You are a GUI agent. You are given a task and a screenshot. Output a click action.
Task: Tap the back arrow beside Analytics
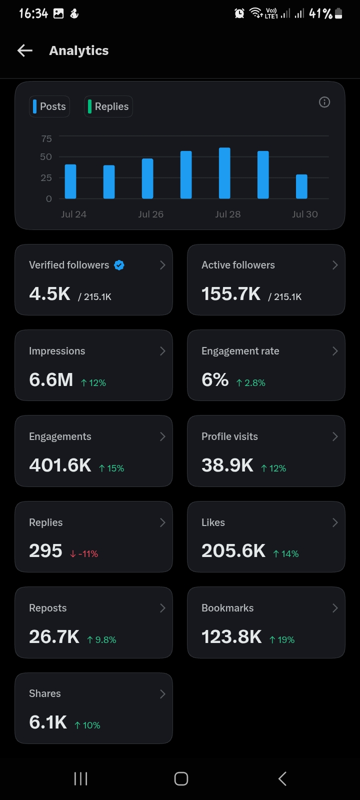click(x=25, y=50)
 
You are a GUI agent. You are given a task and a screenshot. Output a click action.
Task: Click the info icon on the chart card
click(x=324, y=102)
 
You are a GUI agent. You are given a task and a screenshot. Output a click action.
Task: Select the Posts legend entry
click(x=49, y=106)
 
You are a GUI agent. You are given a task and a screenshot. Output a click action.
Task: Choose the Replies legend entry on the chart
click(x=108, y=106)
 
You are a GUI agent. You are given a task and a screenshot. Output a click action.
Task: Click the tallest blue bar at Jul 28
click(x=224, y=173)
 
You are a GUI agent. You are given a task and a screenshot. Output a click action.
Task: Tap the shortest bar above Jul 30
click(x=302, y=186)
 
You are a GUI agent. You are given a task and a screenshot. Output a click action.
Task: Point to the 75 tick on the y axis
click(x=46, y=138)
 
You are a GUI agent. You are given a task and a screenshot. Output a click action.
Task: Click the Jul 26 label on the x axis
click(x=150, y=214)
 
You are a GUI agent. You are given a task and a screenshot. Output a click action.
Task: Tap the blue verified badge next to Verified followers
click(x=119, y=265)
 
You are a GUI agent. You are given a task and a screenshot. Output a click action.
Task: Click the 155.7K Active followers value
click(x=231, y=294)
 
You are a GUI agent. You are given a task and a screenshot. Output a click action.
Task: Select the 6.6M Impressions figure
click(x=51, y=379)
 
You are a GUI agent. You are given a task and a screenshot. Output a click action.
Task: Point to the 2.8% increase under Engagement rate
click(x=250, y=383)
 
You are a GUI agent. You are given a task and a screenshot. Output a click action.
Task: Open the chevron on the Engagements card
click(x=162, y=436)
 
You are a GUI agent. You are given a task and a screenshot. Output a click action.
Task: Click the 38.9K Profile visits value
click(x=227, y=465)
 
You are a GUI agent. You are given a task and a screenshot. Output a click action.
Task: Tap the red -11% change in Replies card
click(x=84, y=554)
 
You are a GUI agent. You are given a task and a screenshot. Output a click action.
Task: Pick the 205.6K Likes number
click(x=233, y=550)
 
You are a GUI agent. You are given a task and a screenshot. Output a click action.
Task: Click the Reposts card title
click(x=48, y=608)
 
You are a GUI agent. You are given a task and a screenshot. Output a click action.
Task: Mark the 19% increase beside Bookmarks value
click(x=282, y=639)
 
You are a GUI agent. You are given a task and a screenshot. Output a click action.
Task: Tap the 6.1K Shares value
click(x=48, y=722)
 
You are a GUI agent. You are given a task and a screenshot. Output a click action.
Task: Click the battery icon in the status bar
click(x=338, y=13)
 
